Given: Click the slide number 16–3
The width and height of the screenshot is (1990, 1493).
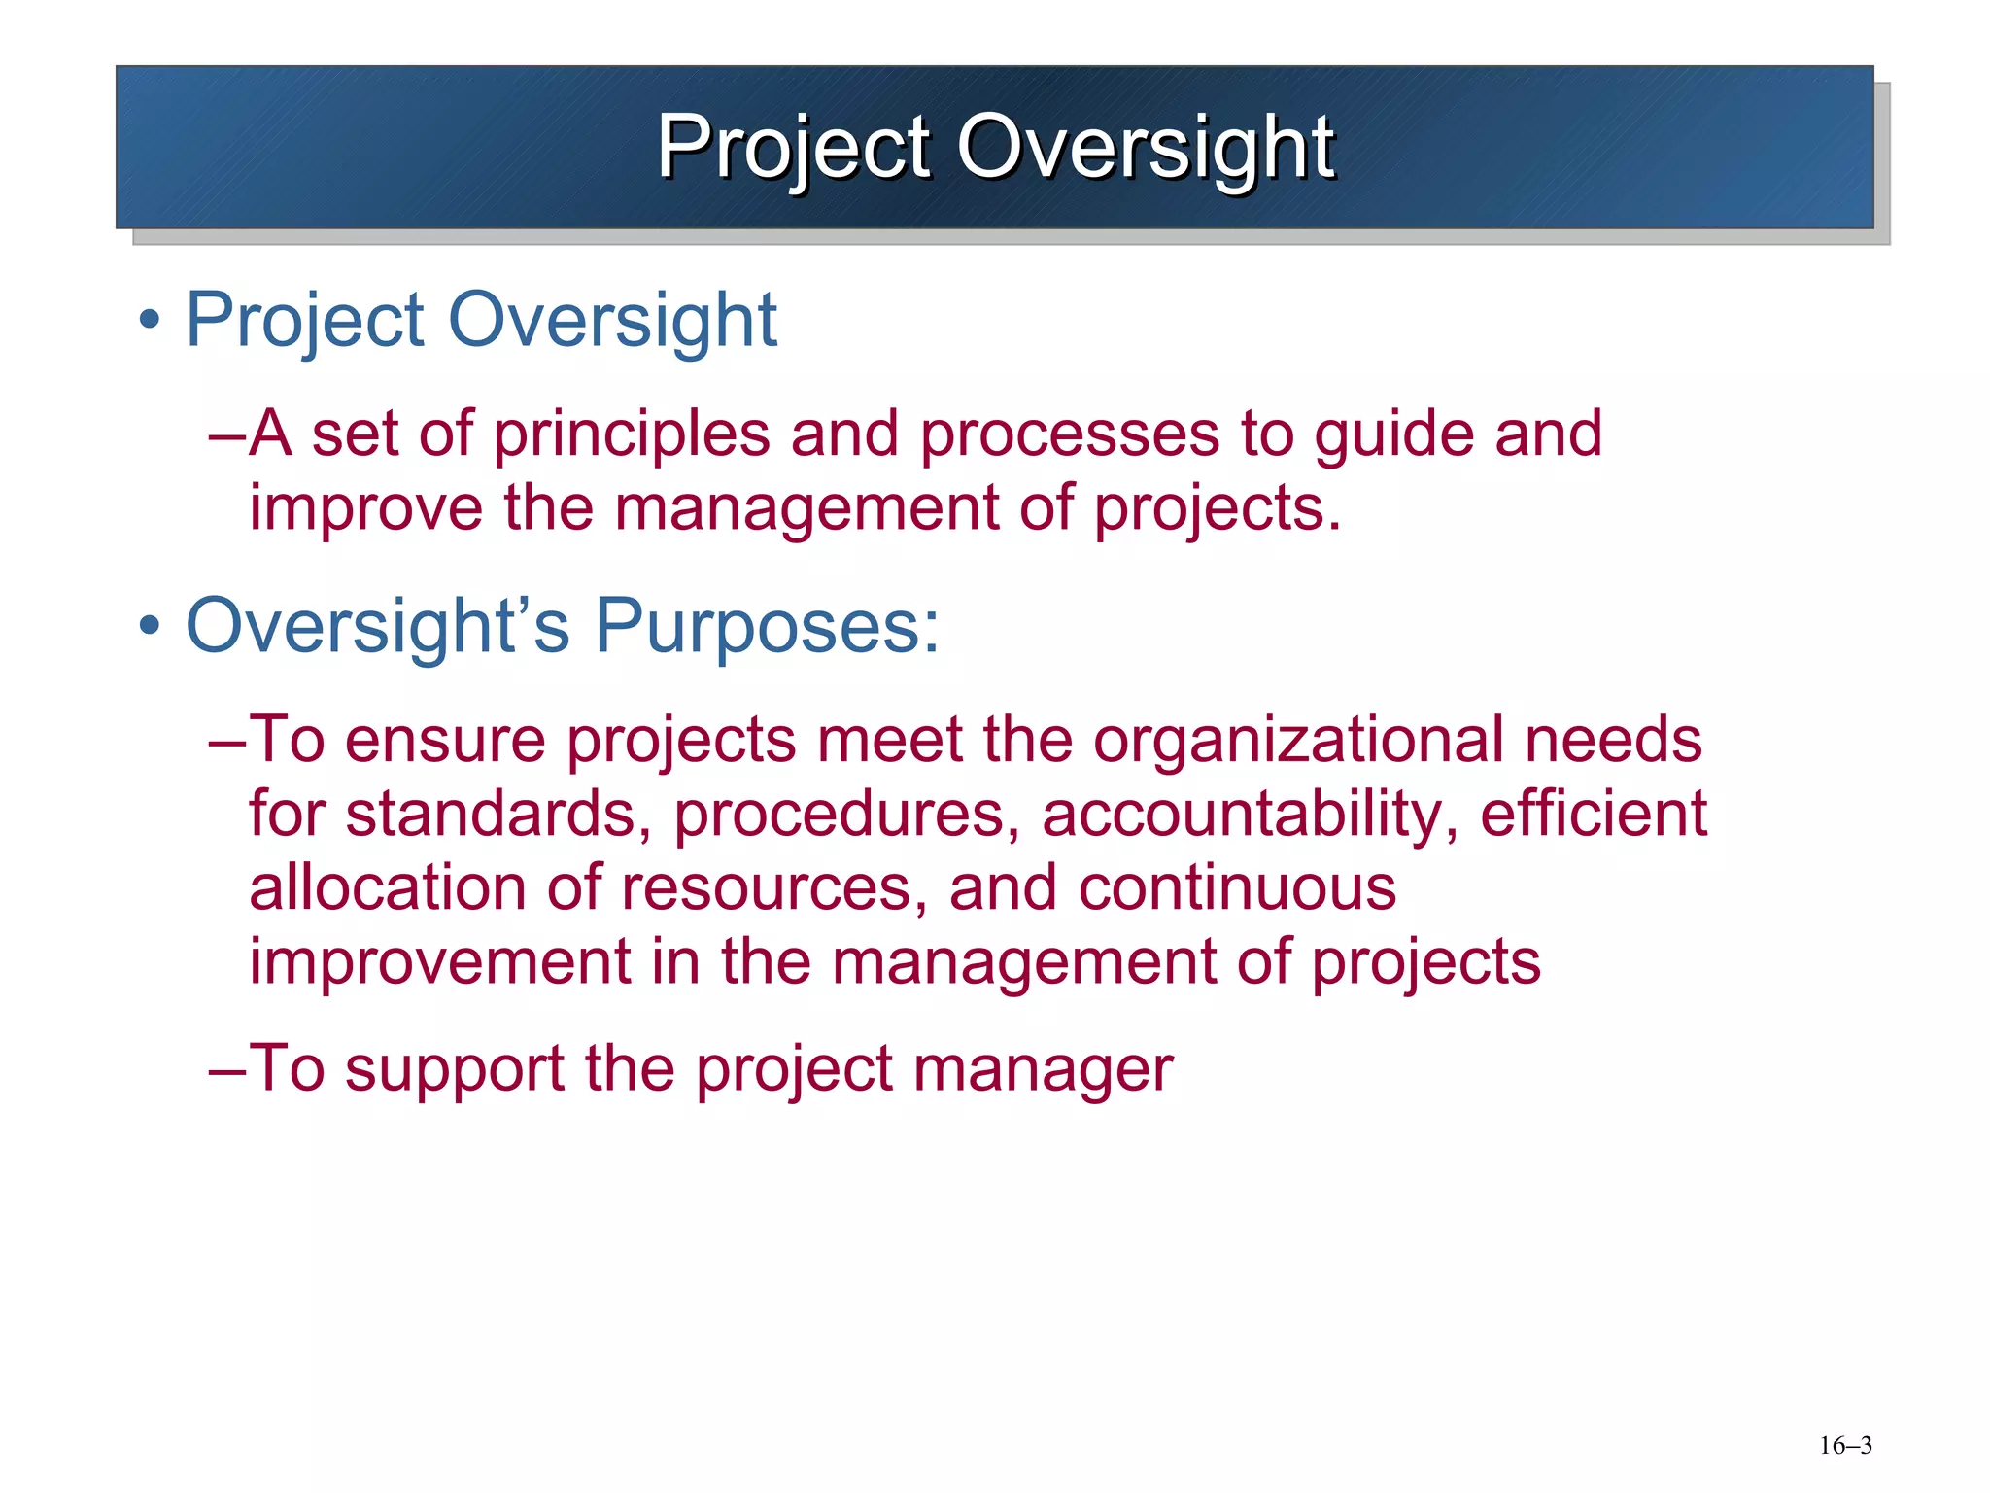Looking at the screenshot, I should (1844, 1445).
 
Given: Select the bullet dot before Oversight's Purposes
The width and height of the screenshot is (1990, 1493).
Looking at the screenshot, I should (149, 625).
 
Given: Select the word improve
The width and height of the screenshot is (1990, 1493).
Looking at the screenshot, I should (365, 508).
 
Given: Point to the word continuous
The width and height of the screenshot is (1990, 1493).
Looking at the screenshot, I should (1237, 887).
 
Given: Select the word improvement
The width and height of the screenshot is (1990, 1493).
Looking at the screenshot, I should (440, 961).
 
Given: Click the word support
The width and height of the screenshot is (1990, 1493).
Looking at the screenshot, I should (455, 1069).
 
